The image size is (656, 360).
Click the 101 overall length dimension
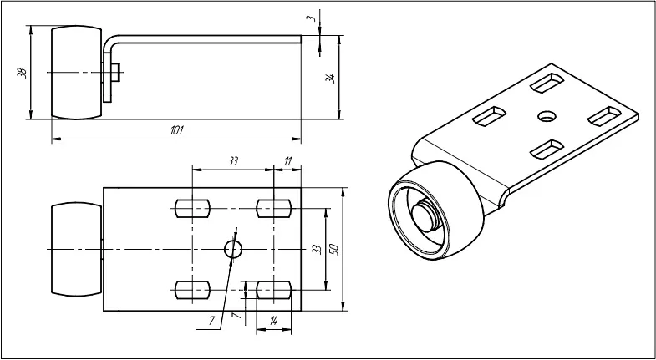(x=176, y=130)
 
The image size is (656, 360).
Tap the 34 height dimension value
(x=331, y=79)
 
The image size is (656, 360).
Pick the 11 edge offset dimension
(x=287, y=161)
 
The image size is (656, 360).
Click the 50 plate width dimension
(x=333, y=249)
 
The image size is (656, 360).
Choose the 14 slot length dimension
(x=273, y=321)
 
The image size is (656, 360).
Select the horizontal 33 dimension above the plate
(x=233, y=161)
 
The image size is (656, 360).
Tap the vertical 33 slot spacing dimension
(x=317, y=249)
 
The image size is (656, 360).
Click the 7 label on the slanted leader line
(x=212, y=321)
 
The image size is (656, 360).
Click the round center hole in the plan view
(x=233, y=250)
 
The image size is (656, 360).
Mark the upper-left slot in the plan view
(x=192, y=208)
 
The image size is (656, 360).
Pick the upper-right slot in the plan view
(x=273, y=208)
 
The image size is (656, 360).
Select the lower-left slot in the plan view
(x=192, y=290)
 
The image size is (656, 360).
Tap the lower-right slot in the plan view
(x=273, y=290)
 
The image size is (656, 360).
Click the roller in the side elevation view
(x=77, y=73)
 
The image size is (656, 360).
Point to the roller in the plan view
(x=77, y=250)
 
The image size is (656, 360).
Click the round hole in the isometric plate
(x=547, y=116)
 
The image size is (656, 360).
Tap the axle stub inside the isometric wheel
(x=427, y=215)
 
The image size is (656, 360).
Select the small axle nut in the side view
(x=115, y=73)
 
